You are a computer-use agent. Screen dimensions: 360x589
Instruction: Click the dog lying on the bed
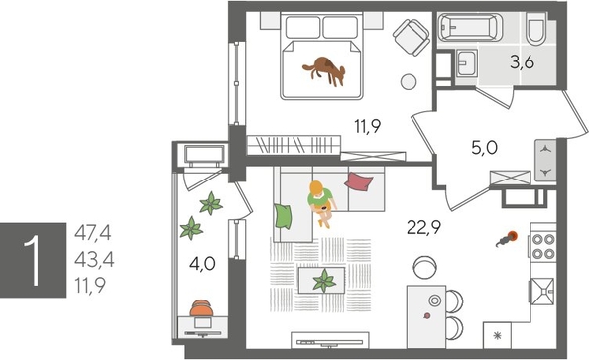tap(324, 68)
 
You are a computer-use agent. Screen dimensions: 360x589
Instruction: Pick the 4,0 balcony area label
tap(201, 265)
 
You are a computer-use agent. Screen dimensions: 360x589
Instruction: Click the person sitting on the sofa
tap(317, 200)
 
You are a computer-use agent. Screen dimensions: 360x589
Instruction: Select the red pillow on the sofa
tap(359, 181)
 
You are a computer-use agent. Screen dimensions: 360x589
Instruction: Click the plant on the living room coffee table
tap(323, 283)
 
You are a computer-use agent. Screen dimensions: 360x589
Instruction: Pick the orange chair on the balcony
tap(201, 310)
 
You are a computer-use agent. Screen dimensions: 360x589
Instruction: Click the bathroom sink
tap(467, 65)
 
